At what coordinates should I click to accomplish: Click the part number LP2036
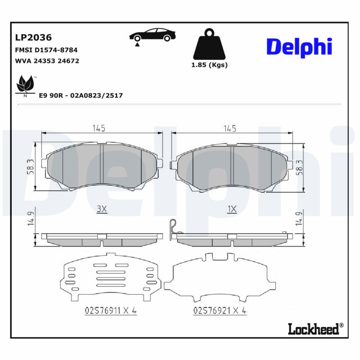34,38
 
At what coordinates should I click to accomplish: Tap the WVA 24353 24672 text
47,61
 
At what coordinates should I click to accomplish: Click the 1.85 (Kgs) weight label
209,65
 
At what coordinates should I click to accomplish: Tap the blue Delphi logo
299,47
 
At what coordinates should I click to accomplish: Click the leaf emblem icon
25,85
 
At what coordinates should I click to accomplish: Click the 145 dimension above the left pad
99,129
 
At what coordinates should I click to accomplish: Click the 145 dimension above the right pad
229,129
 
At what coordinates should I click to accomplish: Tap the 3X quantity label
101,209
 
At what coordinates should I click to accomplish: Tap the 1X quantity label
232,209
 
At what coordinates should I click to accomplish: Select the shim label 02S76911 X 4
110,310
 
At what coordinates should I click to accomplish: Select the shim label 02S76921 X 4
220,310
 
